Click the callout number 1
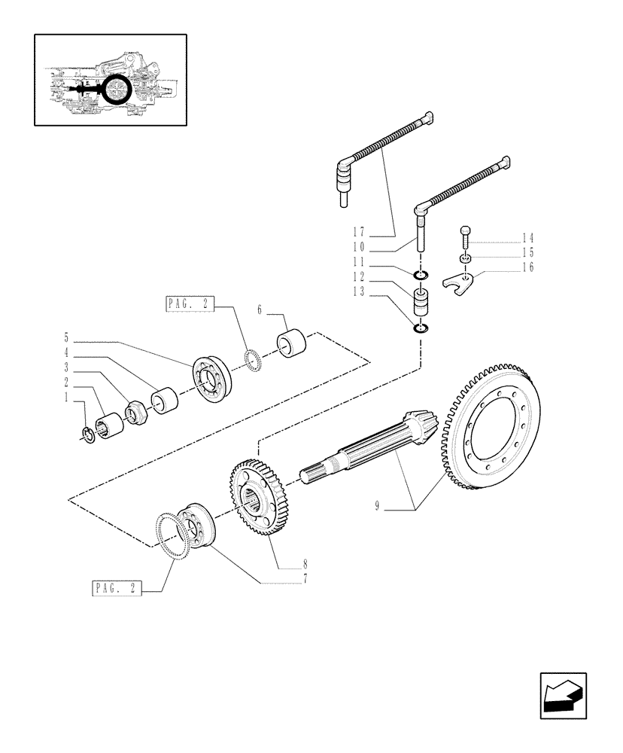pos(66,396)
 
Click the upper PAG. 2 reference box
pos(188,304)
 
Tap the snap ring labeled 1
pos(87,434)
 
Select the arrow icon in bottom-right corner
pos(562,697)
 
